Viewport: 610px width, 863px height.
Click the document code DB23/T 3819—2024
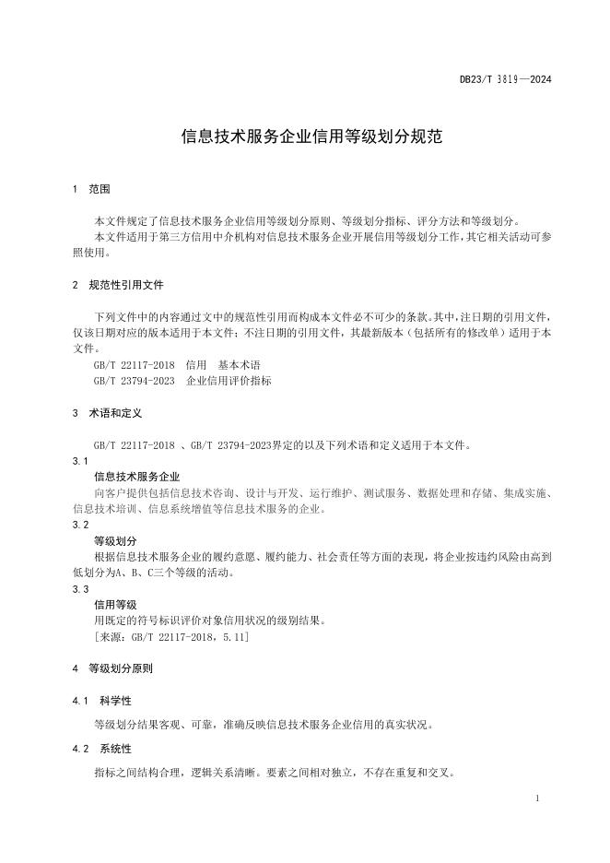coord(505,80)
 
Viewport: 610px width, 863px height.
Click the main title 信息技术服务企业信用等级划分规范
coord(311,137)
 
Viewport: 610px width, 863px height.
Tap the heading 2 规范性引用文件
coord(119,285)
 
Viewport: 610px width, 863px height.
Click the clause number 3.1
coord(79,460)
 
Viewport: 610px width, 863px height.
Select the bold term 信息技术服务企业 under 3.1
coord(137,477)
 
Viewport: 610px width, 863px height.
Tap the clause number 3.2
coord(79,524)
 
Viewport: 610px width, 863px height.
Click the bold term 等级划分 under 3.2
coord(115,540)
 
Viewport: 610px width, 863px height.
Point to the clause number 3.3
coord(79,588)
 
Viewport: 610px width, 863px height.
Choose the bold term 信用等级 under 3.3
coord(115,604)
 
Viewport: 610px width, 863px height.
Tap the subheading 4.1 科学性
coord(101,701)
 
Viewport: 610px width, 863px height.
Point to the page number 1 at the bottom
coord(536,797)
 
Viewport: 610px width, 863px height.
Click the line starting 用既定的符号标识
coord(211,620)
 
